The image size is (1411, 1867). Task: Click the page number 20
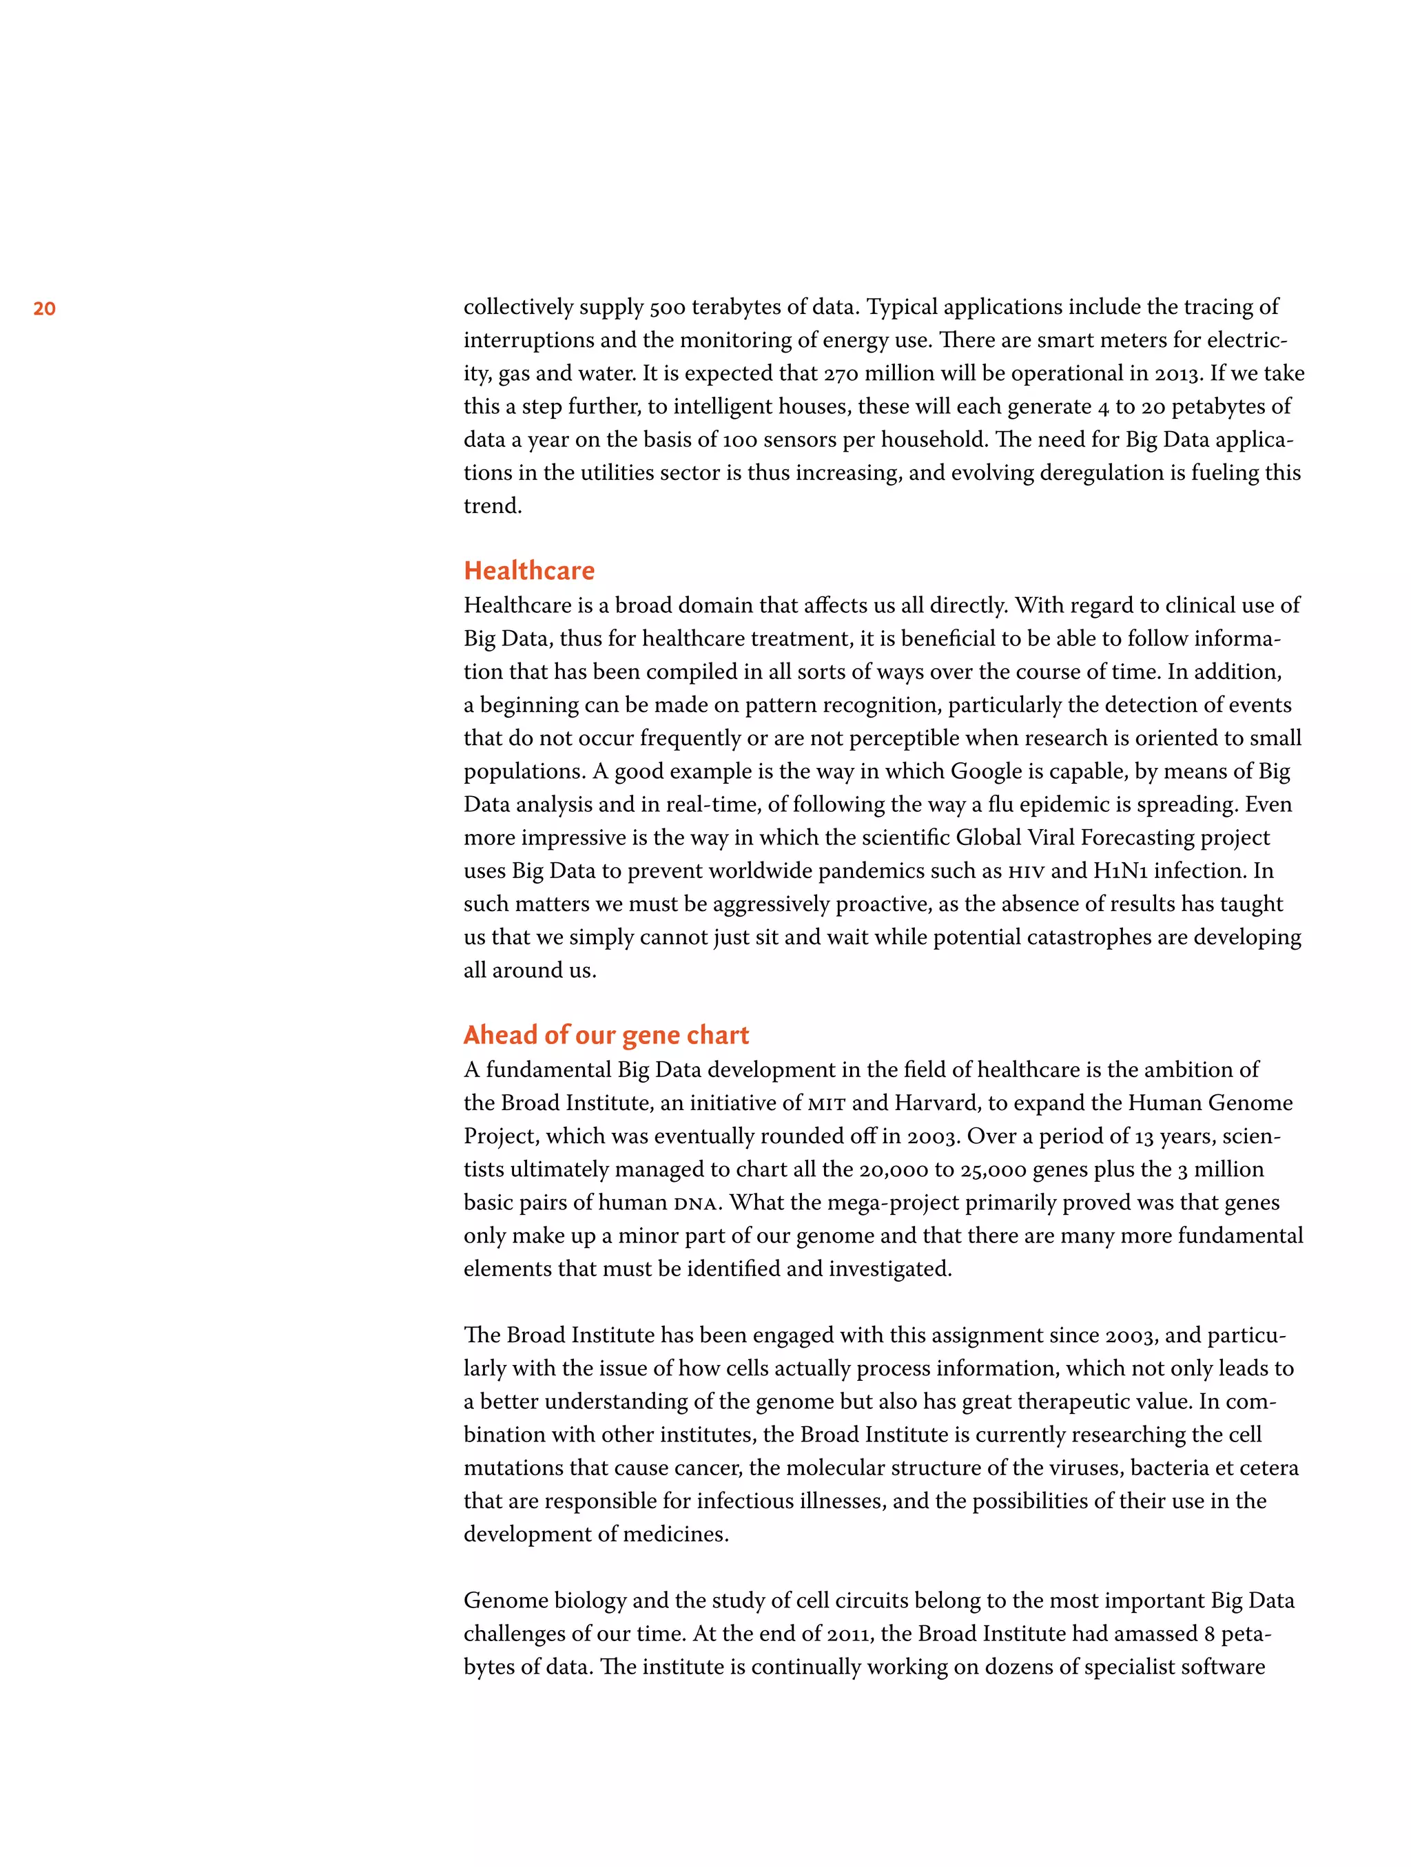[45, 309]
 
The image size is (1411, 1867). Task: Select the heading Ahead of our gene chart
[606, 1035]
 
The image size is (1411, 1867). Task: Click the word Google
[987, 771]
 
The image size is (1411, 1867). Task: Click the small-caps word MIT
[827, 1103]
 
